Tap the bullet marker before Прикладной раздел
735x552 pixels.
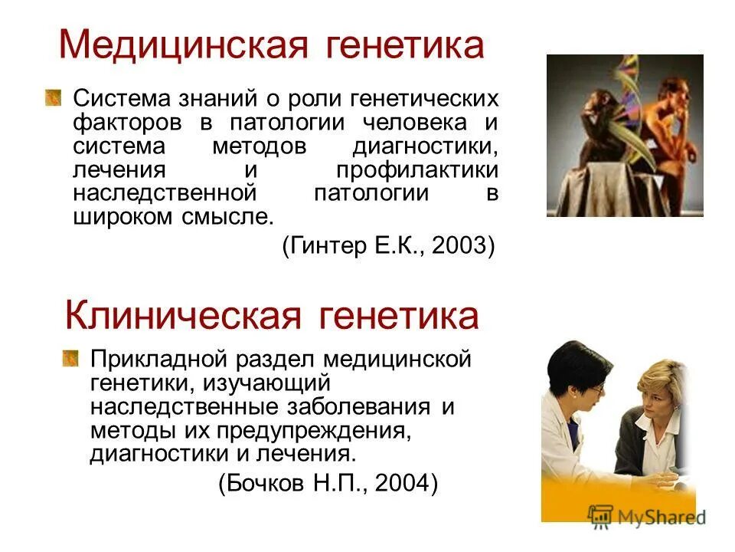tap(70, 357)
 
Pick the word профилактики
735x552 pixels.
tap(417, 169)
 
